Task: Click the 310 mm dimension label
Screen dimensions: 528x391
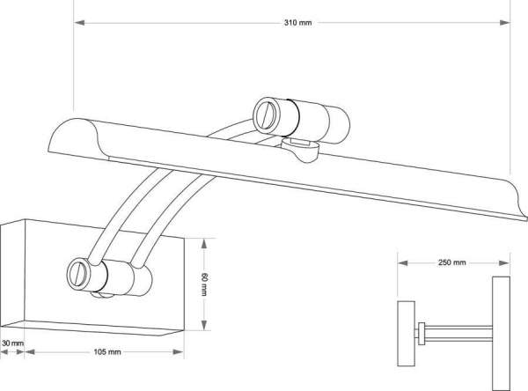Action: click(x=297, y=23)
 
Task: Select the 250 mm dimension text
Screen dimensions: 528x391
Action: click(x=452, y=262)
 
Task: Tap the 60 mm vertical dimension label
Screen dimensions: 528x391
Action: click(x=204, y=284)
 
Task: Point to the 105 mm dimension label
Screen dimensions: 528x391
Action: click(x=106, y=352)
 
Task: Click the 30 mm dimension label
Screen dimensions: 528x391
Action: click(x=13, y=343)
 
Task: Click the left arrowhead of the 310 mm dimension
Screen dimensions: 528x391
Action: click(x=79, y=23)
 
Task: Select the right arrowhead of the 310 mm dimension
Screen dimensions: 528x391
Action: click(x=504, y=23)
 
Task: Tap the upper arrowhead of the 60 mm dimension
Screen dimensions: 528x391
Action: click(x=204, y=243)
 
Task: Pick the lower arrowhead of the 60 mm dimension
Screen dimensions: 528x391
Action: click(x=204, y=325)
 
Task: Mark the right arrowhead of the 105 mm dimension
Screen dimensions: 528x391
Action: click(x=178, y=352)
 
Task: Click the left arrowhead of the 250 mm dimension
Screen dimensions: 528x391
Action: click(x=403, y=263)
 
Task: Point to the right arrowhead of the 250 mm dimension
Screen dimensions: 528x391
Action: click(x=503, y=263)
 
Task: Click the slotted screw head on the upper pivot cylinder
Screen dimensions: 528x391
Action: click(x=266, y=115)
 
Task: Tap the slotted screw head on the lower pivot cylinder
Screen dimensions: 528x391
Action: click(x=78, y=275)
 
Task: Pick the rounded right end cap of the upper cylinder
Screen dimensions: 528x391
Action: click(x=339, y=125)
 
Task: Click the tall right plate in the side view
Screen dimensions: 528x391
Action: click(x=501, y=332)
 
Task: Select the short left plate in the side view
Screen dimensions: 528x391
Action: click(x=406, y=334)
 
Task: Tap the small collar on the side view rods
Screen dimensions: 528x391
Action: click(x=422, y=334)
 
